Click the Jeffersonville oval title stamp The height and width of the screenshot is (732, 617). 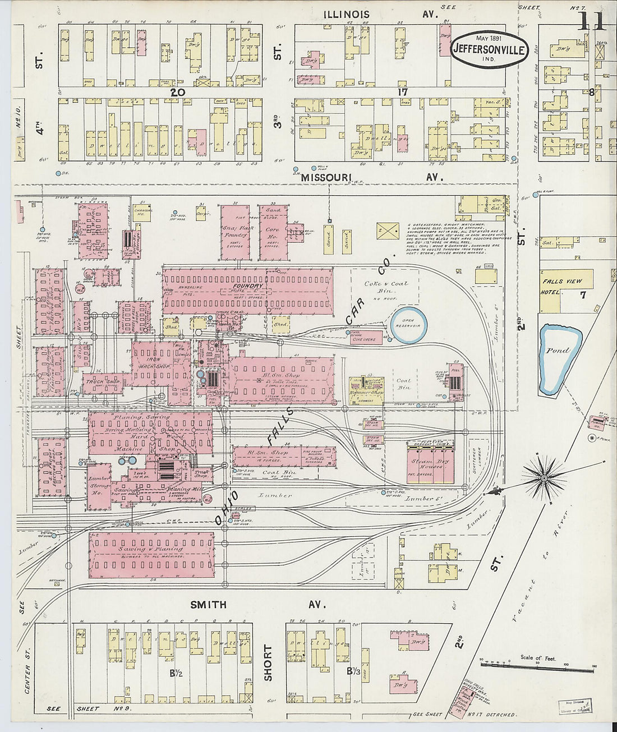(x=489, y=49)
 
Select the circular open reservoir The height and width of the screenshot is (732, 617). (x=408, y=325)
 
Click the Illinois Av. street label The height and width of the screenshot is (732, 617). (x=381, y=14)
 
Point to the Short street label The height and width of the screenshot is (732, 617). (x=268, y=663)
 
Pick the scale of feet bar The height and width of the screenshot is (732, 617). (x=537, y=667)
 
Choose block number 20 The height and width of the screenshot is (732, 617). (x=178, y=92)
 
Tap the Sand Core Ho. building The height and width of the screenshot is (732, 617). (x=274, y=232)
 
